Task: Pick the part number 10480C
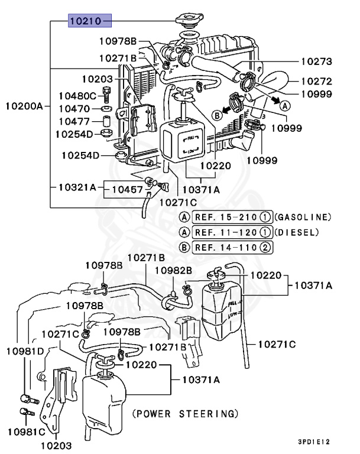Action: point(77,96)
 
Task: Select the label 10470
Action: point(74,109)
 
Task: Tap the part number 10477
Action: point(74,121)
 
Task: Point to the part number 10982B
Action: point(173,270)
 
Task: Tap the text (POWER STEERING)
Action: point(185,413)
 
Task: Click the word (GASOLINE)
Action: point(303,217)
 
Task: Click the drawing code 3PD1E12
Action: point(314,441)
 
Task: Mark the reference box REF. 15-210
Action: point(226,217)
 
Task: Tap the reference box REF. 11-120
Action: point(226,232)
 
